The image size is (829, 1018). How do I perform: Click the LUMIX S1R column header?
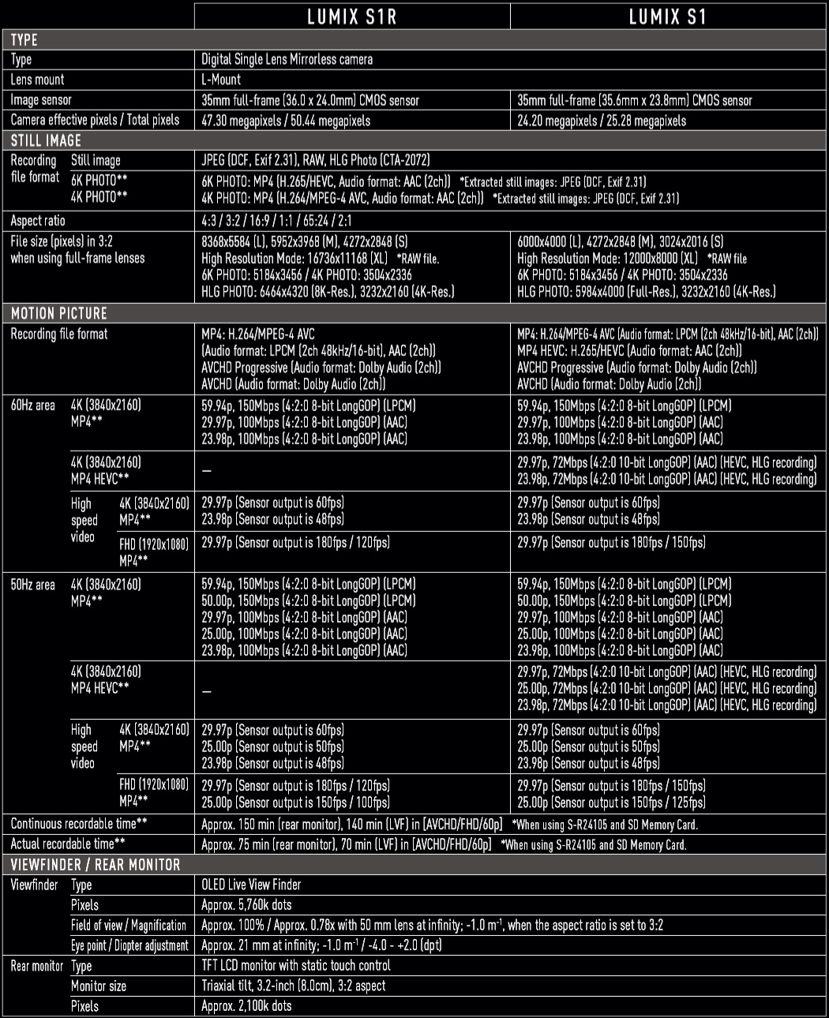(351, 17)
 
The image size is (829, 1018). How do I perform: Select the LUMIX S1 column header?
(667, 17)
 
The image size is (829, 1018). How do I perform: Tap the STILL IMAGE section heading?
(46, 140)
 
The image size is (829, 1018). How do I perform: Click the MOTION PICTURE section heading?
(58, 313)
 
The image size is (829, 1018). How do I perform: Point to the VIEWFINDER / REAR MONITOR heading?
(96, 865)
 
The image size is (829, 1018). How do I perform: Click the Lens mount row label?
(37, 80)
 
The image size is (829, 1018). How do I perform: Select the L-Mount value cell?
(221, 80)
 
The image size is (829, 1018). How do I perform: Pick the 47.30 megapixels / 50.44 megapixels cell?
(286, 121)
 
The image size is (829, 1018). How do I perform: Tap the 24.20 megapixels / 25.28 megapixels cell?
(602, 121)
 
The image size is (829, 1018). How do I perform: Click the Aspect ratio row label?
(38, 221)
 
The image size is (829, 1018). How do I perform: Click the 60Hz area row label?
(32, 406)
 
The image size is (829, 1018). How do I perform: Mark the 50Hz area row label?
(32, 585)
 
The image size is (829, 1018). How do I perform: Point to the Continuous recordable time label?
(79, 824)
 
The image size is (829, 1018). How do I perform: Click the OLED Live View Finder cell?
(251, 885)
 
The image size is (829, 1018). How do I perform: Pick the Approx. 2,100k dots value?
(246, 1006)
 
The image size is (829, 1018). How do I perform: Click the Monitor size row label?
(99, 986)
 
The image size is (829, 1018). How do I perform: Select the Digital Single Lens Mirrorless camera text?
(287, 59)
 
